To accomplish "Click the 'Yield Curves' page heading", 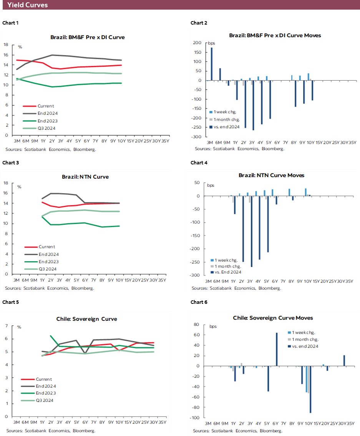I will (27, 5).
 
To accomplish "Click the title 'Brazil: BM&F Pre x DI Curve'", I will (88, 37).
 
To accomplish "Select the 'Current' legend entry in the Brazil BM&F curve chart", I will (45, 106).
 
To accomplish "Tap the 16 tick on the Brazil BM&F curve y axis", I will (6, 55).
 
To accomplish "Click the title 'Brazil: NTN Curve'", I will (85, 177).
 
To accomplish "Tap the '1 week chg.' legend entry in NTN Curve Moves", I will (226, 260).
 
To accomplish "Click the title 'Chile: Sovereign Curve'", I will (87, 319).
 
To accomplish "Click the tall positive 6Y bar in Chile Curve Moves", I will (277, 349).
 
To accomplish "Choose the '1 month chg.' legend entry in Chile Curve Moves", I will (305, 339).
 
